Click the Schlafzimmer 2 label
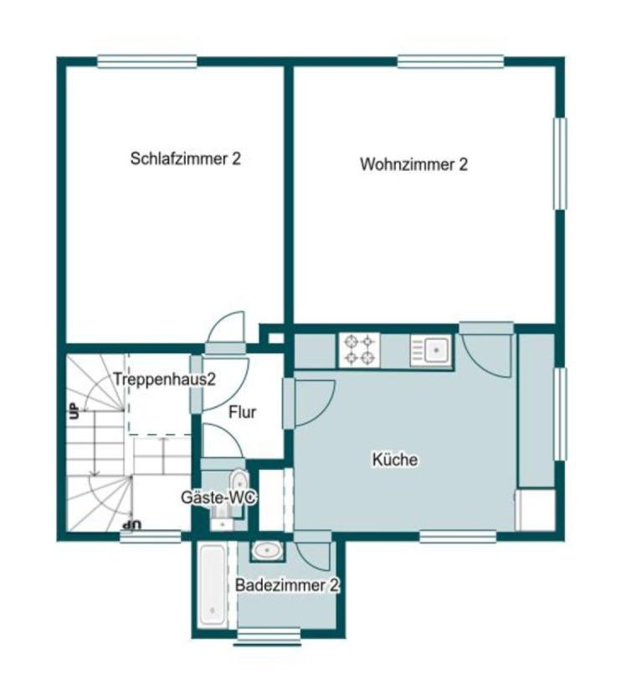point(185,158)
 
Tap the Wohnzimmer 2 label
point(413,164)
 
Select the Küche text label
point(394,460)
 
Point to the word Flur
point(242,412)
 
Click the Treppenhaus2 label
point(165,378)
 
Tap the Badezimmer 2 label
point(286,585)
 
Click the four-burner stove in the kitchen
point(359,350)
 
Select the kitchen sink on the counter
point(432,350)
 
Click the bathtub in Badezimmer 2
point(211,585)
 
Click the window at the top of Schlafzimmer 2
point(147,61)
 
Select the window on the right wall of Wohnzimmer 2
point(559,163)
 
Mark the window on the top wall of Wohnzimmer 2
point(450,61)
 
